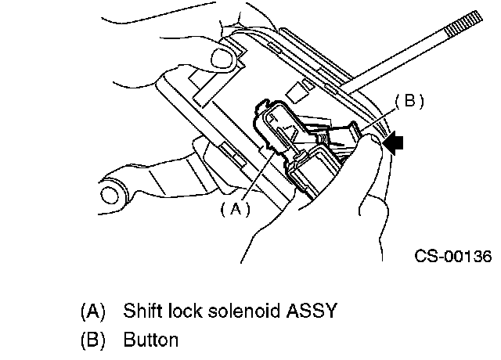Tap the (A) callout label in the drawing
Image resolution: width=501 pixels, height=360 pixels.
pyautogui.click(x=234, y=208)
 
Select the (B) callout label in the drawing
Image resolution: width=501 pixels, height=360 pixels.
pyautogui.click(x=409, y=101)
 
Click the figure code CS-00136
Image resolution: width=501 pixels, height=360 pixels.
pyautogui.click(x=453, y=256)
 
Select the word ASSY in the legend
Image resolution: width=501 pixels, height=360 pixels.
pyautogui.click(x=312, y=311)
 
